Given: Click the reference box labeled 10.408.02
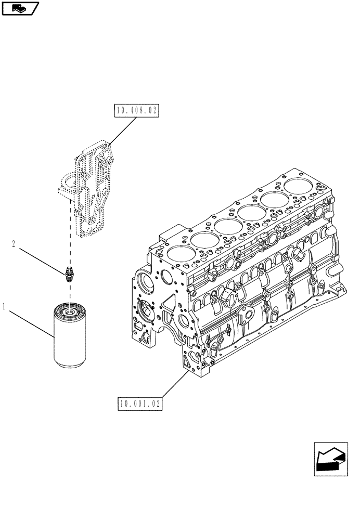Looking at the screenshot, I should click(135, 111).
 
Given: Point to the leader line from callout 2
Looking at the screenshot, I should click(42, 259).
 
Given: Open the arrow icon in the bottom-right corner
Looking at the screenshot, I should click(331, 459).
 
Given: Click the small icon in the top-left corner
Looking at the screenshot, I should click(20, 8).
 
